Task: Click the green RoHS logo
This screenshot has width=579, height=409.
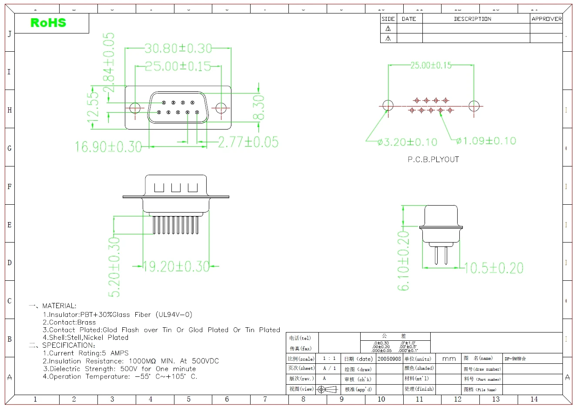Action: (x=48, y=23)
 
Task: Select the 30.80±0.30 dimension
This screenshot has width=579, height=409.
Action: (x=178, y=48)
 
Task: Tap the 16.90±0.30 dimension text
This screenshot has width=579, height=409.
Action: (x=108, y=147)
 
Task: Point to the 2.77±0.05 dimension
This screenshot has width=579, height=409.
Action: (x=248, y=142)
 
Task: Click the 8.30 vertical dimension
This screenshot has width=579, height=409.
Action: (x=258, y=108)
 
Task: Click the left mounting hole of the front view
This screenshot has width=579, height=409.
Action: (x=135, y=108)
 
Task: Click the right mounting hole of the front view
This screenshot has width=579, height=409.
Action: (x=221, y=108)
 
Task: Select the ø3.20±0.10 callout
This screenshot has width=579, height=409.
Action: (x=407, y=142)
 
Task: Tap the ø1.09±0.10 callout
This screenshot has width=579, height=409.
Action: (x=486, y=141)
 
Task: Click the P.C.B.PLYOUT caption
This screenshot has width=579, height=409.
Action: (x=433, y=160)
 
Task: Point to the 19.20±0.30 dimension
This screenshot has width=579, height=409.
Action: (x=176, y=266)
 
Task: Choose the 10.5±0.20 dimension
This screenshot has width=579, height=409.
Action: (x=493, y=268)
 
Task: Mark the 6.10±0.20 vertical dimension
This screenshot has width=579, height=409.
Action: (x=404, y=260)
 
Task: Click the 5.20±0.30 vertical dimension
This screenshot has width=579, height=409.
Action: (x=114, y=267)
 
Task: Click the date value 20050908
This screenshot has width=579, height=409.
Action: (x=389, y=359)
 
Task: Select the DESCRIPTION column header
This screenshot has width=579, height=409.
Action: (x=472, y=19)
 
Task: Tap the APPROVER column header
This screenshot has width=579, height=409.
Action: (x=546, y=19)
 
